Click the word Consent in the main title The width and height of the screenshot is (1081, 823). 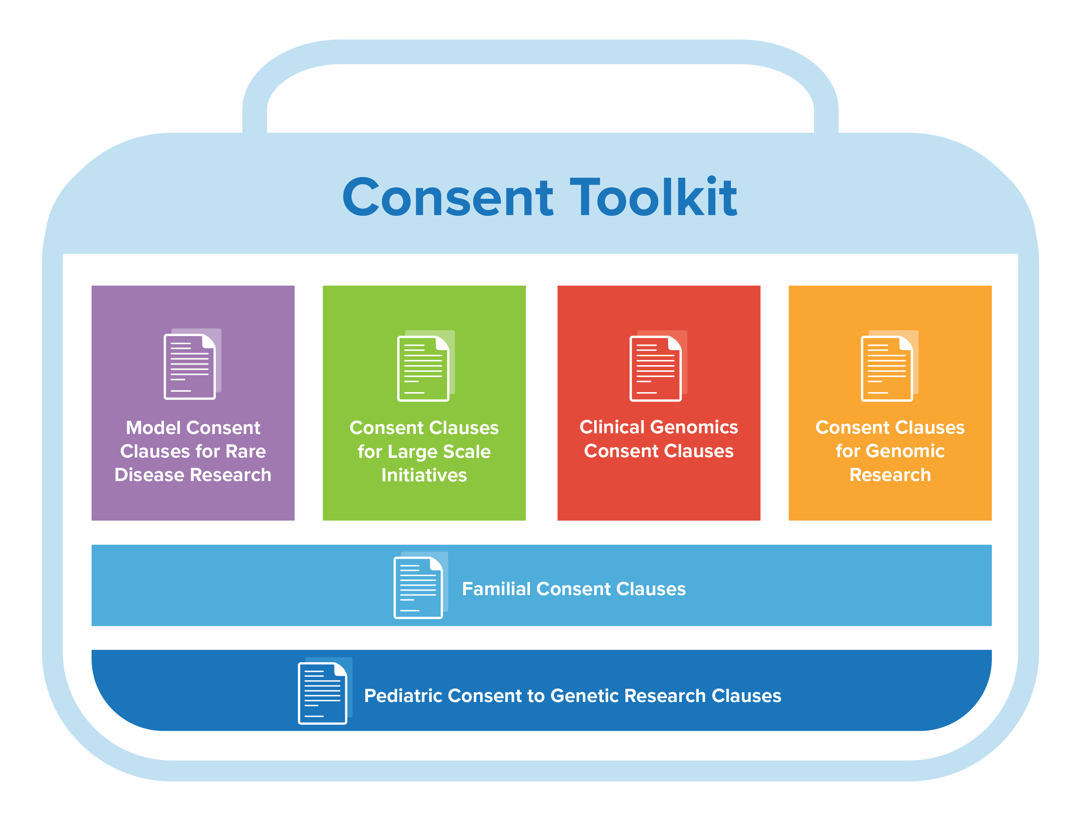coord(448,197)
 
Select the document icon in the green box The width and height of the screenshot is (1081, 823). coord(425,366)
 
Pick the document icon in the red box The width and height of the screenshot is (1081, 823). coord(658,366)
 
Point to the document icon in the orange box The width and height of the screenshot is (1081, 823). coord(889,366)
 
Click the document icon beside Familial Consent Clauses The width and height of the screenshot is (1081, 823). coord(420,585)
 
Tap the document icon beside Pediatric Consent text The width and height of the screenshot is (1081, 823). coord(325,690)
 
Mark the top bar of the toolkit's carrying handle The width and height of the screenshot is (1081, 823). coord(540,52)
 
